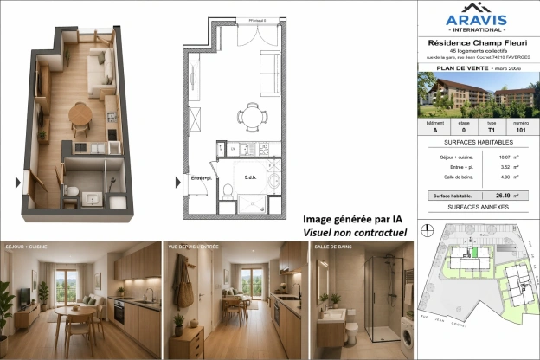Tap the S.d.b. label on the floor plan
coord(247,179)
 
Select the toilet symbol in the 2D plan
coord(228,190)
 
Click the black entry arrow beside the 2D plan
coord(177,182)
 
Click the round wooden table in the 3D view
coord(80,112)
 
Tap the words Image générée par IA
coord(352,219)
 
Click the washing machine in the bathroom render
coord(407,336)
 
